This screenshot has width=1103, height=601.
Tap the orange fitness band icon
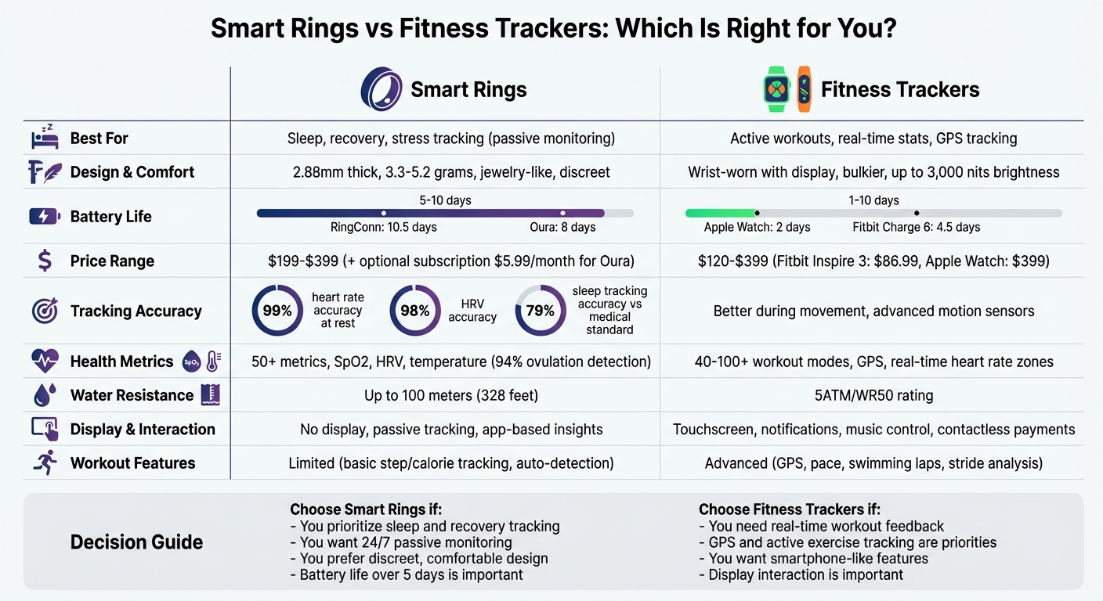click(x=804, y=88)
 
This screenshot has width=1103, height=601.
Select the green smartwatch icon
click(x=776, y=89)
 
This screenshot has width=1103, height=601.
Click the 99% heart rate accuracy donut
click(x=277, y=311)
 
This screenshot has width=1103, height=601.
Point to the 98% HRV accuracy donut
click(x=414, y=311)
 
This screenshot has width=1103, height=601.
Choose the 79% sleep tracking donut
click(x=540, y=311)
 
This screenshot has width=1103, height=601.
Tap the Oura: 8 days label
click(x=562, y=227)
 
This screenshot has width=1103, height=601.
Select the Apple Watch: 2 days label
click(x=757, y=227)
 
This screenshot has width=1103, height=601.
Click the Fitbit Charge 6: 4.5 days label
click(x=916, y=227)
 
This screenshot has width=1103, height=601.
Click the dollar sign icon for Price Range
click(x=45, y=261)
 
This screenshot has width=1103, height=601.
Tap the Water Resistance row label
click(x=132, y=395)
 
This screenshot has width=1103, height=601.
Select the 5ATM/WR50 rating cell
click(x=873, y=395)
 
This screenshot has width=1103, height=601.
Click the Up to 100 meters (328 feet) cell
click(x=451, y=395)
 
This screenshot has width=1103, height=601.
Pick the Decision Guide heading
click(x=136, y=542)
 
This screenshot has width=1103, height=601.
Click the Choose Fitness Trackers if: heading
click(x=789, y=509)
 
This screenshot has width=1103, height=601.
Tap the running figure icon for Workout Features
click(x=44, y=462)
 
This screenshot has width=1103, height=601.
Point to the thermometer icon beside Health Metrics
click(x=213, y=362)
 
